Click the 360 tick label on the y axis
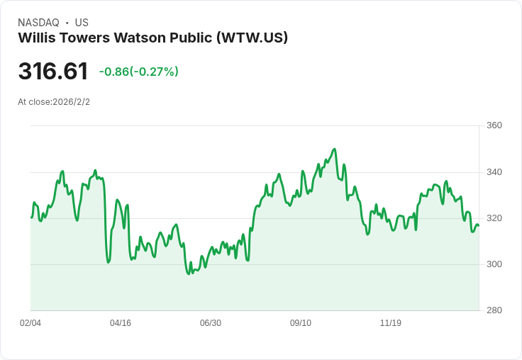[494, 125]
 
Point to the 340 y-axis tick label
[494, 172]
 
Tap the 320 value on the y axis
[494, 218]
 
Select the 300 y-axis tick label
[494, 264]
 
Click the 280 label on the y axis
[494, 310]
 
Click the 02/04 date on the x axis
[30, 323]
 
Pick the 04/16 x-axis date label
[121, 323]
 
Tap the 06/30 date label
[211, 323]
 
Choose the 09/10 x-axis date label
[301, 323]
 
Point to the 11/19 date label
[391, 323]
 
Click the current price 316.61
[53, 72]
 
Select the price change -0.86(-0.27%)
[139, 72]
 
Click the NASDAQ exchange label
[38, 23]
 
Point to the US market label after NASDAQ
[82, 23]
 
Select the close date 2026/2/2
[71, 102]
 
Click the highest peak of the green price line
[334, 149]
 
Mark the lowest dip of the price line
[189, 274]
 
